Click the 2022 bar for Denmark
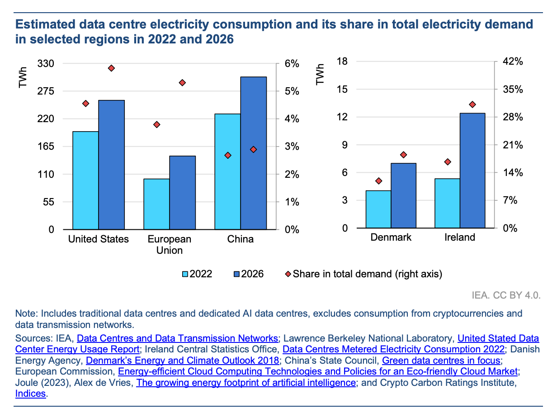[x=378, y=209]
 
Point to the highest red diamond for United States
[x=111, y=68]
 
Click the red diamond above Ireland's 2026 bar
[x=472, y=104]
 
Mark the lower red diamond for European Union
[x=157, y=124]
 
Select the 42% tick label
[x=513, y=62]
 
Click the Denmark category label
[x=391, y=237]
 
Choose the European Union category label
[x=170, y=244]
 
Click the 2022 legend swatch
[x=185, y=274]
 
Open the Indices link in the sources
[x=31, y=394]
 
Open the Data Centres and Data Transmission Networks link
[x=177, y=338]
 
